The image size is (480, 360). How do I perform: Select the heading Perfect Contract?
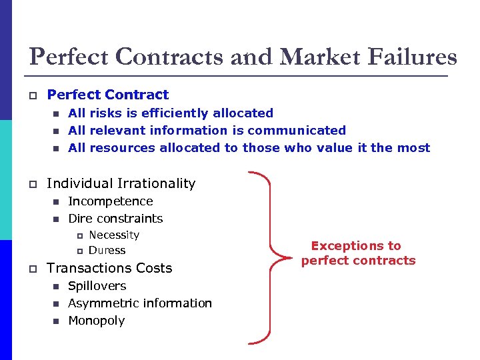coord(108,95)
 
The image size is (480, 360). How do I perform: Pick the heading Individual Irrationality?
coord(121,183)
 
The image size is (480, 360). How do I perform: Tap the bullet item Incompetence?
coord(111,201)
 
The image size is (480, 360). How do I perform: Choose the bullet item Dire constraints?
coord(115,219)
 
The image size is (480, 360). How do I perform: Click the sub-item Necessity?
coord(114,235)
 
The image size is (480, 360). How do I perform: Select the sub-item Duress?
coord(107,251)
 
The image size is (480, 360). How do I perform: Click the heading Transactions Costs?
coord(109,268)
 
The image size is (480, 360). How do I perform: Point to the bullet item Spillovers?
coord(97,286)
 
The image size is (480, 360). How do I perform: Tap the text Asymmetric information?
coord(140,303)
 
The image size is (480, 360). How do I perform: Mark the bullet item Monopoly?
coord(97,321)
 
